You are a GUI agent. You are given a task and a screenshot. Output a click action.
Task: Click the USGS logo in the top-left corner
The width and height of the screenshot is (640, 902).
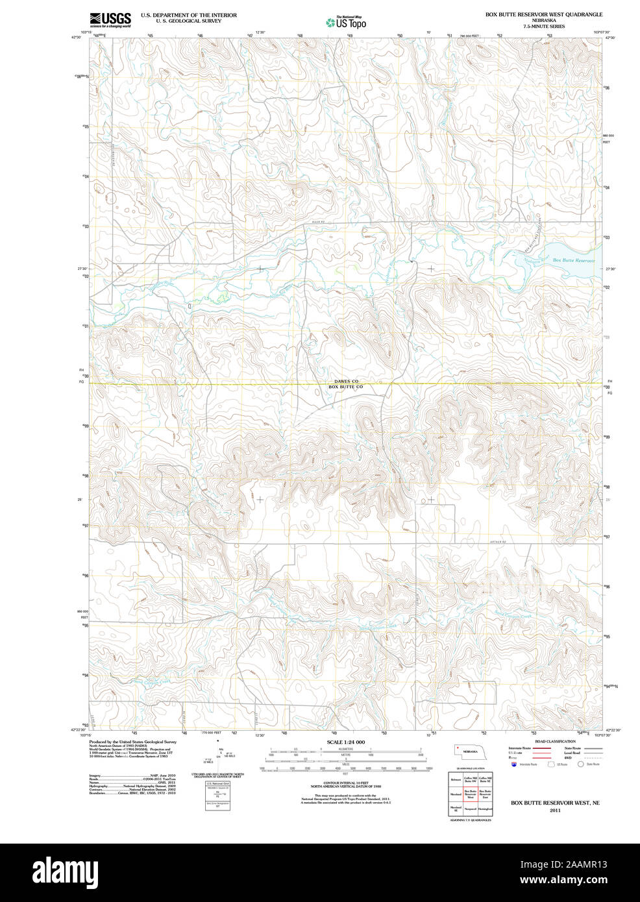click(x=110, y=19)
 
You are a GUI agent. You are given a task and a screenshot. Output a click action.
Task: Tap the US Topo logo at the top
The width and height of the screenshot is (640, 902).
click(x=346, y=23)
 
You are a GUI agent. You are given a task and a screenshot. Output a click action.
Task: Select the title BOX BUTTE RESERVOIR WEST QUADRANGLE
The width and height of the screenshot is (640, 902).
click(x=543, y=14)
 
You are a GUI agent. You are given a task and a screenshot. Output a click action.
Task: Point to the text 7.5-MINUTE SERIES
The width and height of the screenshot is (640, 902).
click(x=544, y=27)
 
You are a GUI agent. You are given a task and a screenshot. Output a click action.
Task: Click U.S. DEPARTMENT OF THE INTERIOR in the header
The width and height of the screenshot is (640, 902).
click(x=189, y=15)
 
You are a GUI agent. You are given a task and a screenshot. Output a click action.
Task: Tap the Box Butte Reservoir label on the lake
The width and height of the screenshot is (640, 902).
click(x=573, y=260)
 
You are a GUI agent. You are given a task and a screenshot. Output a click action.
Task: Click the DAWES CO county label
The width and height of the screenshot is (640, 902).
click(x=346, y=382)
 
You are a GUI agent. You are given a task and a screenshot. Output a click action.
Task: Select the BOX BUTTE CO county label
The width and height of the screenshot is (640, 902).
click(x=345, y=387)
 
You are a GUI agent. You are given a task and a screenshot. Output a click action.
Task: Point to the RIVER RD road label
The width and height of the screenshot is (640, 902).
click(x=317, y=223)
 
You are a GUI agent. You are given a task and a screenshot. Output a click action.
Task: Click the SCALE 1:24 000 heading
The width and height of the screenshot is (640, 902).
click(x=345, y=742)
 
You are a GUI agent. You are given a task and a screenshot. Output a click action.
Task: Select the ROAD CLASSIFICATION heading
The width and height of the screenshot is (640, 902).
click(x=554, y=741)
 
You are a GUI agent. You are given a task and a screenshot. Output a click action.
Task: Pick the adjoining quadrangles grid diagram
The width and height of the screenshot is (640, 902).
click(x=471, y=794)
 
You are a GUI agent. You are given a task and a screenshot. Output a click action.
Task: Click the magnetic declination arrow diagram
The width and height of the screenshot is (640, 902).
click(x=219, y=753)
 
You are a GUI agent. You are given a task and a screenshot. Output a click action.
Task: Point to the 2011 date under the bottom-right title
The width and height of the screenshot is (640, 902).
click(x=555, y=811)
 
